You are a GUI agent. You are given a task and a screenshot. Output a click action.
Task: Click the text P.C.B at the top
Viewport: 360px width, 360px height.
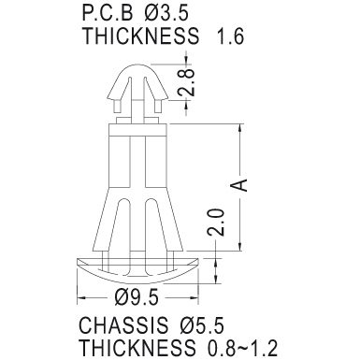[108, 13]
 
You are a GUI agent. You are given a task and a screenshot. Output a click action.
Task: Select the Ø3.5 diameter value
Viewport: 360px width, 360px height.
[166, 13]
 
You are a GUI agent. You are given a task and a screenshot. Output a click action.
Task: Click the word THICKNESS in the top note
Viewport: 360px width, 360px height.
[141, 36]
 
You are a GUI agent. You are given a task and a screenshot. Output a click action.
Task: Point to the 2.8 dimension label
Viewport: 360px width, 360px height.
[186, 82]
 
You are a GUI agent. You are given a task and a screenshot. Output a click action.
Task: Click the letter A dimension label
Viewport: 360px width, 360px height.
[239, 185]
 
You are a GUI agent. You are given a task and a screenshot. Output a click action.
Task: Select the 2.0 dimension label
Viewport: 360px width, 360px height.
[216, 223]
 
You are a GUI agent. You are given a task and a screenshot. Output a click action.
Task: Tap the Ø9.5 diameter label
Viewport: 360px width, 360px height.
[137, 297]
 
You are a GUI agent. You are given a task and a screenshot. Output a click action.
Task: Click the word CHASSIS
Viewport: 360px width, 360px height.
[123, 325]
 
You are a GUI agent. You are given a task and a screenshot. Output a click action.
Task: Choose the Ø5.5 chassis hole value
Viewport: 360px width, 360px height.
[202, 325]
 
